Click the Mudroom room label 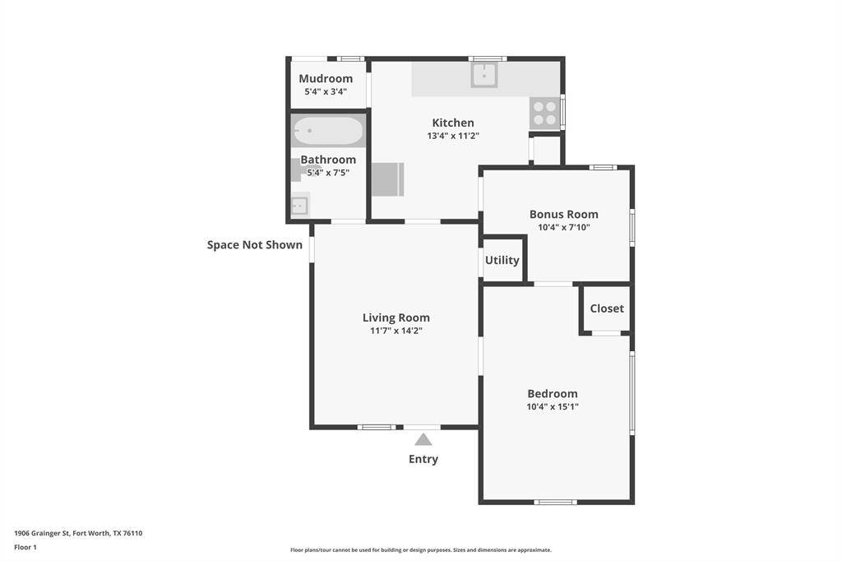(x=326, y=79)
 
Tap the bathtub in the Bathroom (x=328, y=131)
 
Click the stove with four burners (x=544, y=113)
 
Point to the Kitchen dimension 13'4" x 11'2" (x=452, y=137)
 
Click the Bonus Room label (x=563, y=214)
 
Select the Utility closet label (x=502, y=260)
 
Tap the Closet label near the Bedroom (x=607, y=308)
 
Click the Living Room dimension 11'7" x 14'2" (x=396, y=331)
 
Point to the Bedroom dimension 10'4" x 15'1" (x=553, y=406)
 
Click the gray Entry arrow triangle (x=423, y=439)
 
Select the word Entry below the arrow (x=423, y=459)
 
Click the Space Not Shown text (x=255, y=244)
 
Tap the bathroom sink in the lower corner (x=299, y=205)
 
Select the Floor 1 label (x=25, y=547)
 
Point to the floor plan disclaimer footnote (x=421, y=550)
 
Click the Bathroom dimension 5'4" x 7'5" (x=328, y=173)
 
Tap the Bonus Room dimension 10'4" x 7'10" (x=563, y=227)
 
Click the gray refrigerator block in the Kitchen (x=387, y=179)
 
